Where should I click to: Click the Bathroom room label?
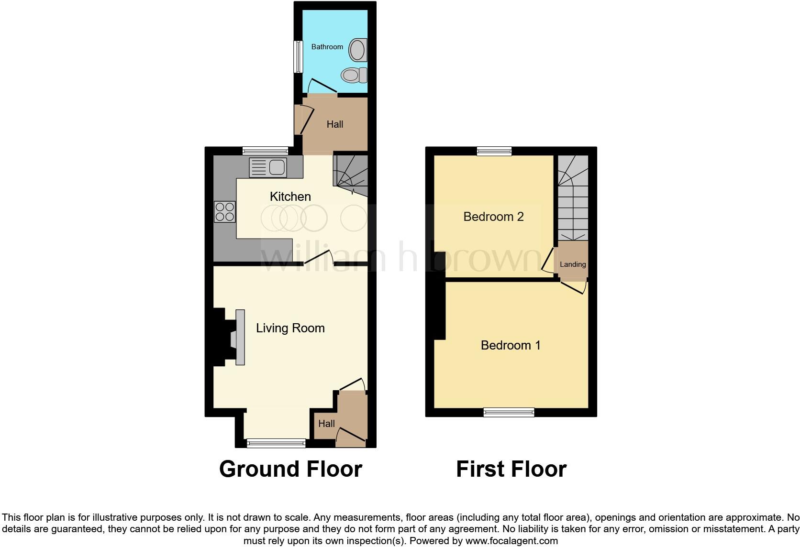pyautogui.click(x=327, y=47)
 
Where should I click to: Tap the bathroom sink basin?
pyautogui.click(x=358, y=50)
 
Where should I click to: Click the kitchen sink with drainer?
pyautogui.click(x=268, y=167)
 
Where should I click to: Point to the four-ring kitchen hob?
pyautogui.click(x=225, y=212)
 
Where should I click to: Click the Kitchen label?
pyautogui.click(x=290, y=197)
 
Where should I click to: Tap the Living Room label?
pyautogui.click(x=290, y=328)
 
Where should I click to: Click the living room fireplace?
pyautogui.click(x=234, y=338)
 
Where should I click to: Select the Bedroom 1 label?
pyautogui.click(x=511, y=345)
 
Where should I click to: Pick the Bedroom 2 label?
pyautogui.click(x=493, y=217)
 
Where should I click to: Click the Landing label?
pyautogui.click(x=573, y=264)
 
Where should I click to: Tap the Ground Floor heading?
pyautogui.click(x=290, y=469)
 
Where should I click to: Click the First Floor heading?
pyautogui.click(x=511, y=469)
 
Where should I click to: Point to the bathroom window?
pyautogui.click(x=298, y=56)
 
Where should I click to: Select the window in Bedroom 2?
pyautogui.click(x=494, y=152)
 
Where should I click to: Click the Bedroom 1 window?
pyautogui.click(x=509, y=412)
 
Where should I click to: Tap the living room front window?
pyautogui.click(x=276, y=443)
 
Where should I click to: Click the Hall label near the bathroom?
pyautogui.click(x=335, y=124)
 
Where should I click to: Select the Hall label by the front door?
pyautogui.click(x=326, y=424)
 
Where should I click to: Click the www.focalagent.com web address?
pyautogui.click(x=511, y=541)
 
